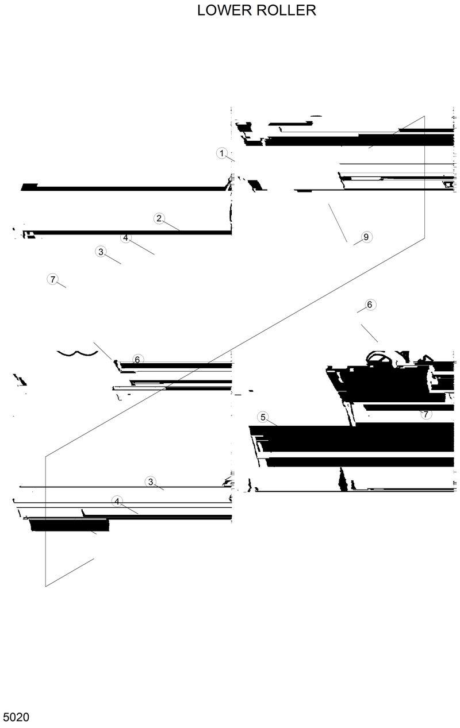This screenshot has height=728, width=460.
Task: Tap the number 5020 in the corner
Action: click(16, 717)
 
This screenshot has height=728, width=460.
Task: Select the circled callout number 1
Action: click(221, 153)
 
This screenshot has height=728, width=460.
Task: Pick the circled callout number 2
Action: click(159, 218)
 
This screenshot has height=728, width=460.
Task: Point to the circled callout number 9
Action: click(366, 237)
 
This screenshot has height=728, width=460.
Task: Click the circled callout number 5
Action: click(263, 417)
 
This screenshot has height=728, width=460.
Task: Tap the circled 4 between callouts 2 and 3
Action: click(126, 237)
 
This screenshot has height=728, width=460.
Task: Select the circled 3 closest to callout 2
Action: click(101, 252)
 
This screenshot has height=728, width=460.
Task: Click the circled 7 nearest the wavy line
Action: click(52, 279)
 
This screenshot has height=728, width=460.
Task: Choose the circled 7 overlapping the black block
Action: click(425, 414)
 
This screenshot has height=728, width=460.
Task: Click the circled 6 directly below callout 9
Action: click(370, 304)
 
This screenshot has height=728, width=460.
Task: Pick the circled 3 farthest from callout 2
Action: click(151, 482)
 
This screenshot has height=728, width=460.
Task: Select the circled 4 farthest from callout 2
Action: click(117, 501)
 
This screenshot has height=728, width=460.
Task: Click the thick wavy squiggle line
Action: click(76, 352)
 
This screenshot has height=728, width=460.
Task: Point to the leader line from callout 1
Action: click(230, 158)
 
